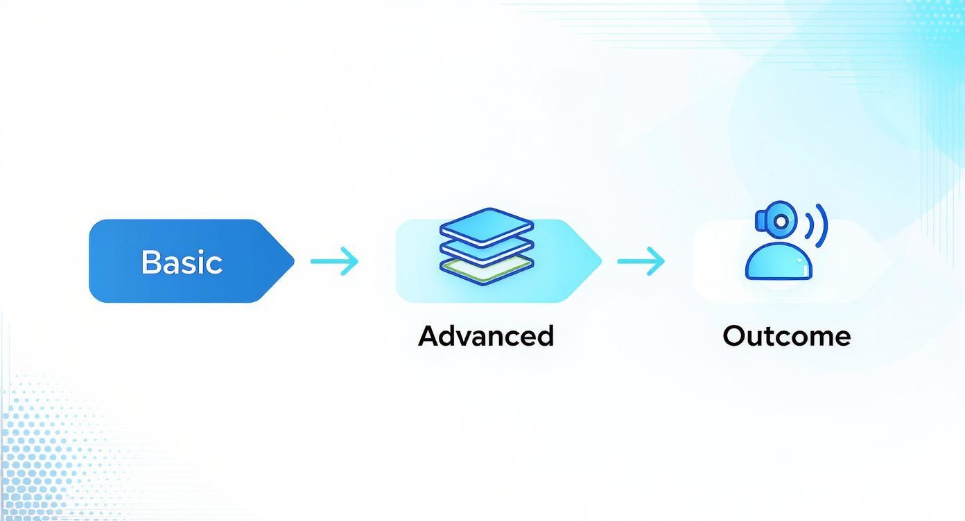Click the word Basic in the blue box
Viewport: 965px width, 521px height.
tap(182, 262)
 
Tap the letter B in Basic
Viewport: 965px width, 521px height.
tap(150, 262)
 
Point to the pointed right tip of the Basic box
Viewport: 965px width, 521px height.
tap(293, 261)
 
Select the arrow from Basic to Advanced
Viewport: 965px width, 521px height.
tap(335, 261)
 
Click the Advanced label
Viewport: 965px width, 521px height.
tap(486, 336)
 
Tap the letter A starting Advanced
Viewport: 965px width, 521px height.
tap(429, 336)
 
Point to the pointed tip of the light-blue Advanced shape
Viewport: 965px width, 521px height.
tap(600, 261)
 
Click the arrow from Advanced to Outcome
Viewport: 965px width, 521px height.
tap(641, 261)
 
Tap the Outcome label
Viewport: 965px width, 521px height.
tap(786, 336)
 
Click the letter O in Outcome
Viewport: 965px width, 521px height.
tap(734, 336)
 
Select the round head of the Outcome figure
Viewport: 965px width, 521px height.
tap(781, 221)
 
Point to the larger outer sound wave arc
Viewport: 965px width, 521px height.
tap(822, 226)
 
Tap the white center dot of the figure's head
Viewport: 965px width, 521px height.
tap(781, 221)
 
